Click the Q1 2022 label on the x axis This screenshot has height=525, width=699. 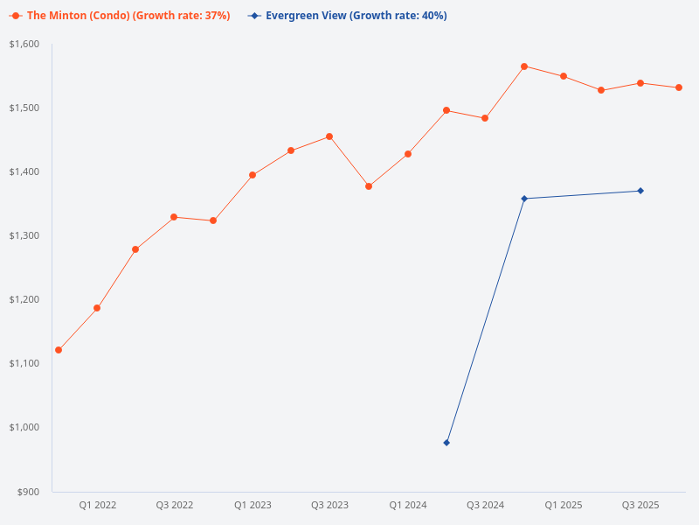[x=97, y=505]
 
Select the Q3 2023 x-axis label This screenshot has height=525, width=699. [x=329, y=505]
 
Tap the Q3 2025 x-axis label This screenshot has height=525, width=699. [x=640, y=505]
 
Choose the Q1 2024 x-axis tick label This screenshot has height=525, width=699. [x=407, y=505]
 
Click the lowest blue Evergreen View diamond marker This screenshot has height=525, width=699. [x=446, y=443]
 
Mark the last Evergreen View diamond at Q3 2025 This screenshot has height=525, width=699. [x=640, y=191]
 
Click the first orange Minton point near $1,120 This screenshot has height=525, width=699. [x=59, y=350]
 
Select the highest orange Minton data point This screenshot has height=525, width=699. [x=524, y=66]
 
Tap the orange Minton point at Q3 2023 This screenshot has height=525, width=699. [x=329, y=136]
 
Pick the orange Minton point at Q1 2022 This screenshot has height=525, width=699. [x=97, y=308]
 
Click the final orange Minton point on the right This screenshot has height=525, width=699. [x=679, y=87]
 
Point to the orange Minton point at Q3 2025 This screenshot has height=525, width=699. [x=640, y=83]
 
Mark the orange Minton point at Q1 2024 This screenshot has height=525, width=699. [x=407, y=154]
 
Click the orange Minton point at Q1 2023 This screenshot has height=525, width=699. [x=253, y=175]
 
